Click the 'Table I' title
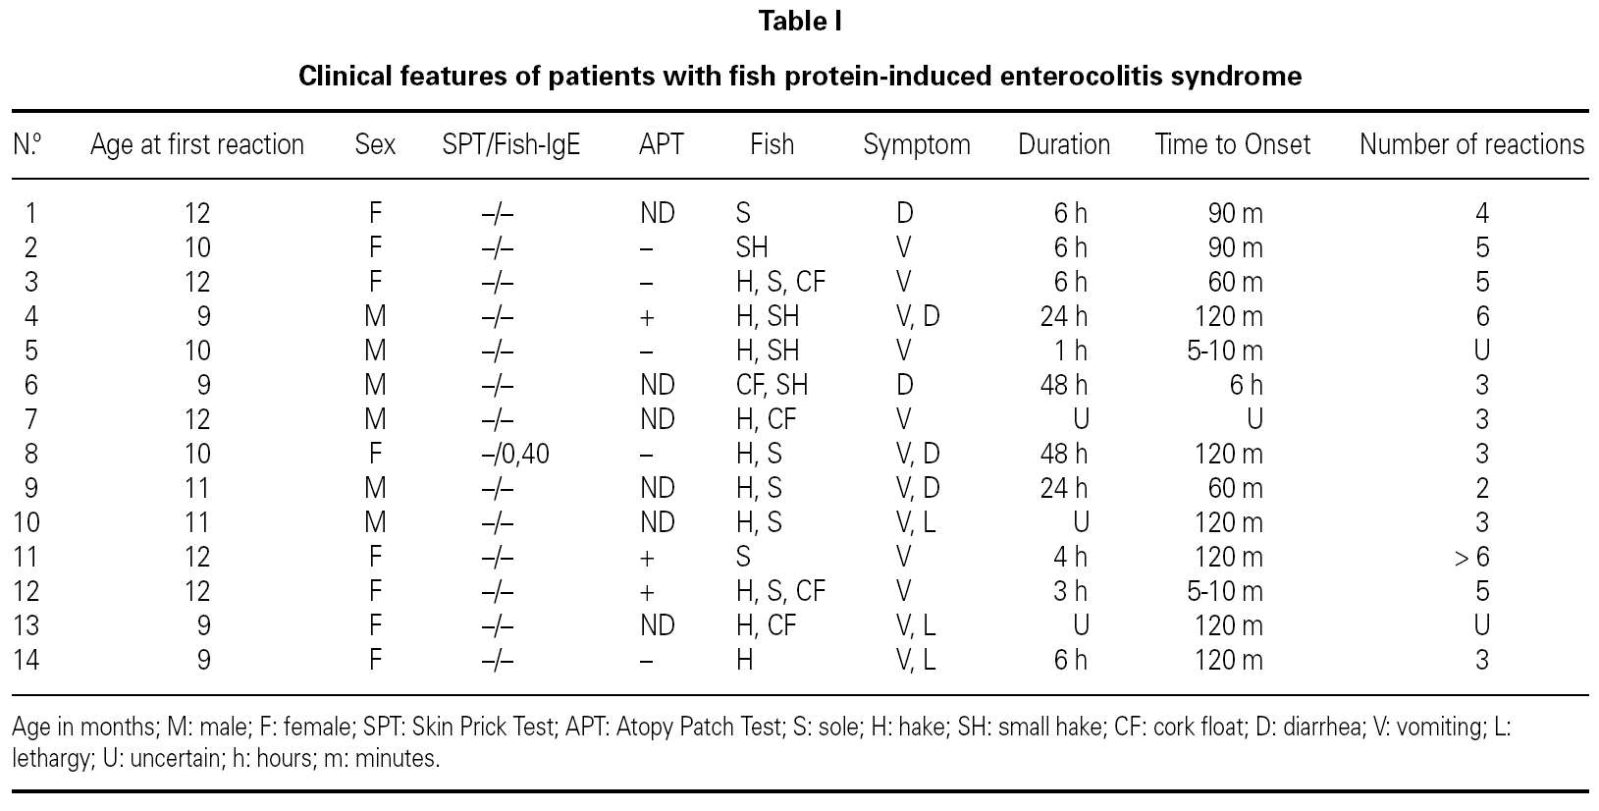(799, 22)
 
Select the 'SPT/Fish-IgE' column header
(511, 145)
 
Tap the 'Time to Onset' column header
(1232, 145)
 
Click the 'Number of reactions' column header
(1470, 145)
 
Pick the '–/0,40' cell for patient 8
(515, 454)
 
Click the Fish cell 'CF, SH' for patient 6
(772, 385)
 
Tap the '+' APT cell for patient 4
(647, 317)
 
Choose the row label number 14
(26, 660)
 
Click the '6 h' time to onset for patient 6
(1246, 385)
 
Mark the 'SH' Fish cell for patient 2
(752, 247)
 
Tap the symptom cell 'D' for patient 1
(904, 213)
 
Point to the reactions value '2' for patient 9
(1482, 488)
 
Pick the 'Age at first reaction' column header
(197, 145)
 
